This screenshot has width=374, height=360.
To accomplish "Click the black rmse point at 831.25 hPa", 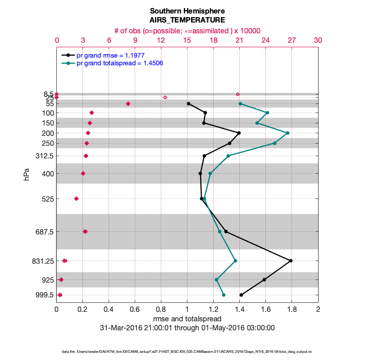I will pos(291,261).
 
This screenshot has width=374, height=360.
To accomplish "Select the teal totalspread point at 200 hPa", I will pos(287,133).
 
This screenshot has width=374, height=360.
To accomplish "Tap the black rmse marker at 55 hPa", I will pos(188,103).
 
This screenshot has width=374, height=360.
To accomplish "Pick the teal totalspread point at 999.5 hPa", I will pos(223,295).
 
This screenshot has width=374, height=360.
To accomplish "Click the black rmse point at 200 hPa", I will pos(239,133).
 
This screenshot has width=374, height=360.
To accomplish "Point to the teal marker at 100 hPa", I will pos(268,112).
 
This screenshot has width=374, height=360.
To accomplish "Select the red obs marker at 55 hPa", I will pos(128,103).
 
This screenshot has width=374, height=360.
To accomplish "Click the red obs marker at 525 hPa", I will pos(76,198).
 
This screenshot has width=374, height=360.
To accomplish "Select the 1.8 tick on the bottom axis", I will pos(292,310).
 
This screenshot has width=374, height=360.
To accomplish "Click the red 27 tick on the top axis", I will pos(292,40).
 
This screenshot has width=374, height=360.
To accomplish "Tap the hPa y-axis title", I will pos(26,175).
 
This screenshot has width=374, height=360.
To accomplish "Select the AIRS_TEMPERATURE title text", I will pos(187,20).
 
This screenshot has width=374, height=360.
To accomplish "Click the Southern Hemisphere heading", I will pos(187,11).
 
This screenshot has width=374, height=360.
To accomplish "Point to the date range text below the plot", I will pos(187,328).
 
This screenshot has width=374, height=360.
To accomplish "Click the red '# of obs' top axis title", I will pos(187,31).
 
